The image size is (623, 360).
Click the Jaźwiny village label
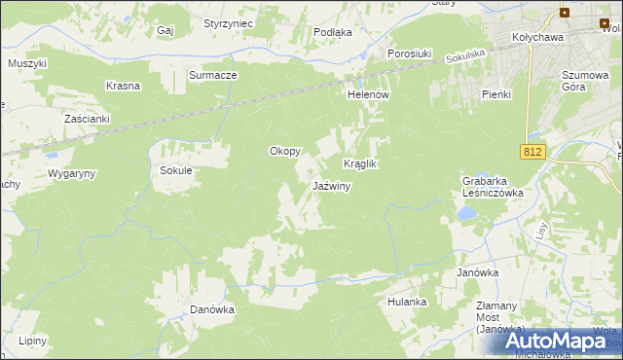331,186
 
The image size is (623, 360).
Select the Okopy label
285,152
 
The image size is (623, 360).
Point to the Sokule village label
177,170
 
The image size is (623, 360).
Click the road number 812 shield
531,152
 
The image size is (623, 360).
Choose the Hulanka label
407,302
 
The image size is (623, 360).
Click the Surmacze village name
213,75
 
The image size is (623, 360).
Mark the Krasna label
125,86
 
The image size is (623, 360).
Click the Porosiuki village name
410,54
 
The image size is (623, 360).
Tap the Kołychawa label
539,38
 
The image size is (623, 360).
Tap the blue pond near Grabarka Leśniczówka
467,211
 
